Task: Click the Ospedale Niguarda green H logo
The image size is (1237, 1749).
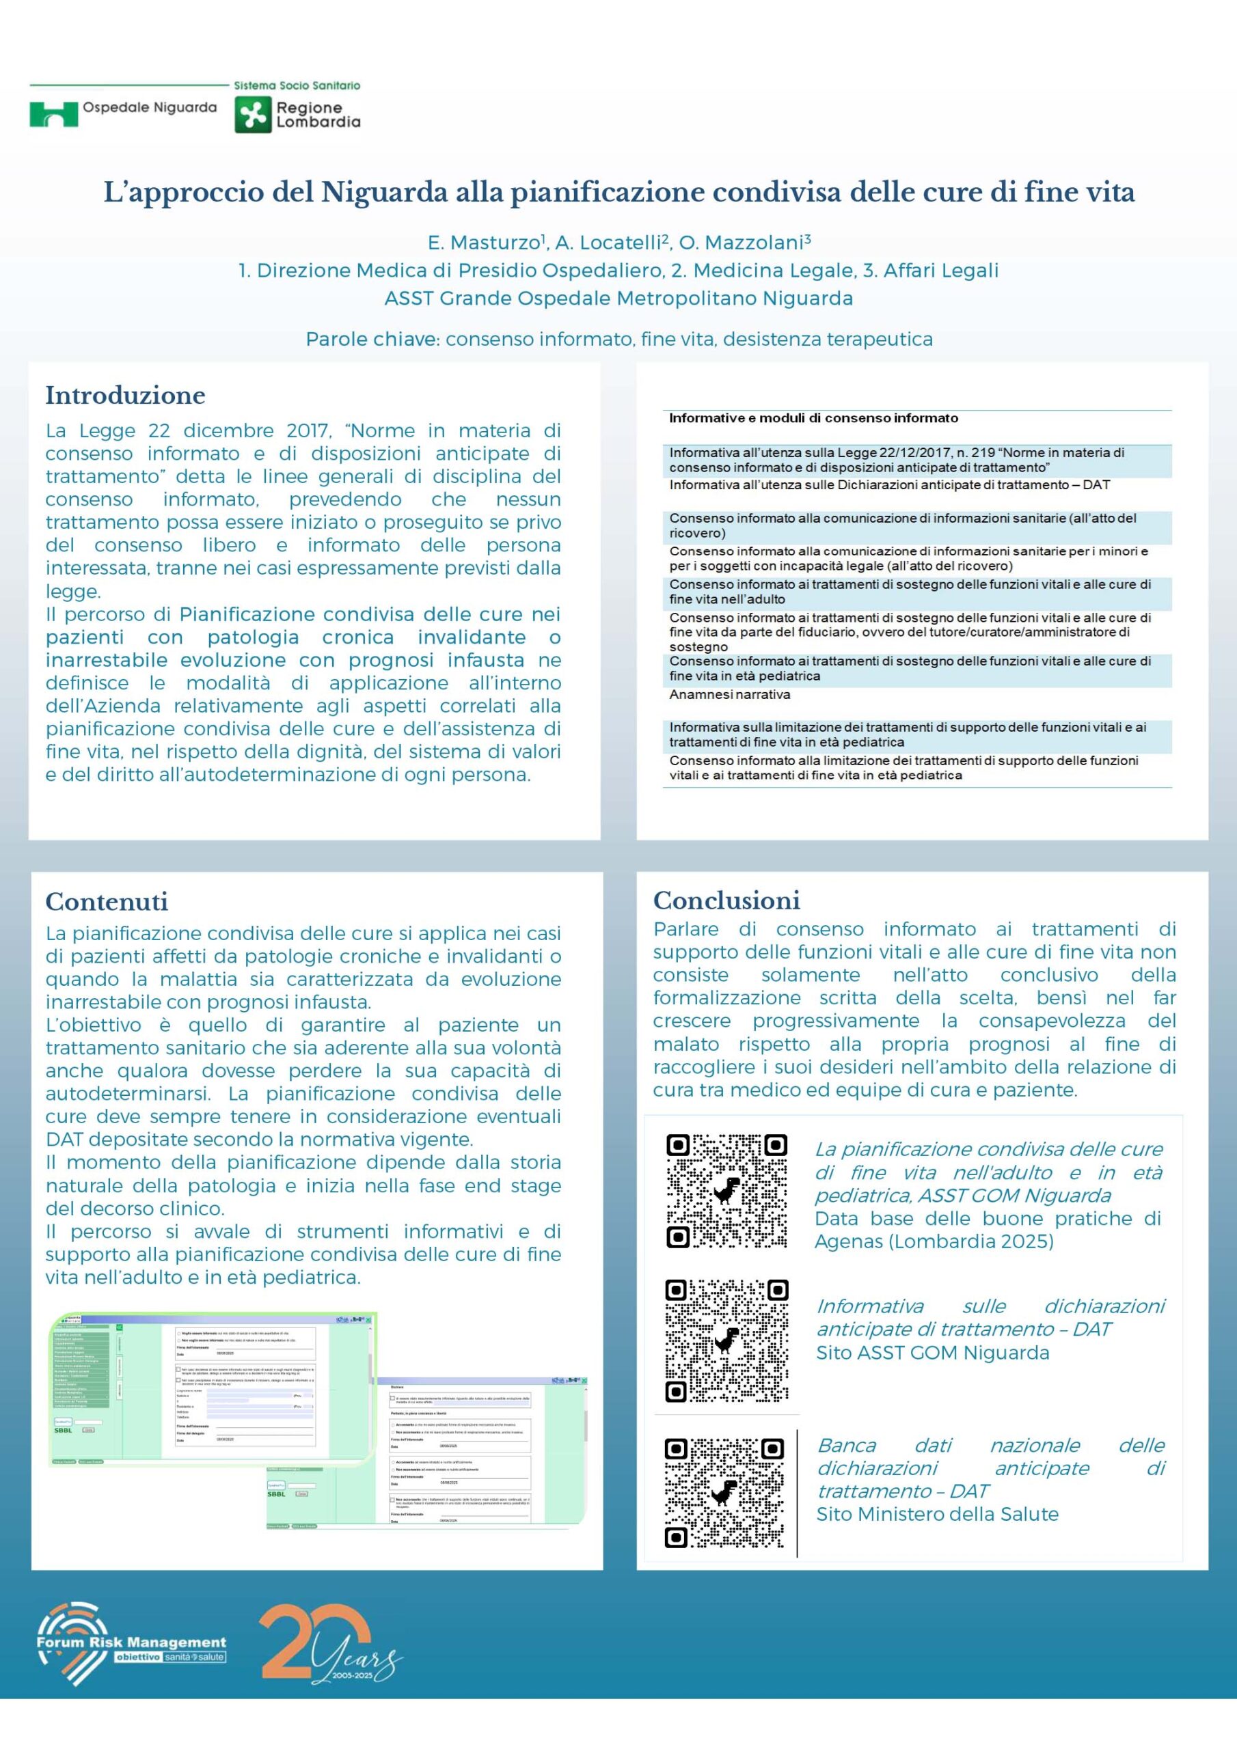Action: [53, 113]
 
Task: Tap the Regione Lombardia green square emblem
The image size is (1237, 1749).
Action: [252, 115]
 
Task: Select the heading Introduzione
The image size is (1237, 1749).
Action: [125, 395]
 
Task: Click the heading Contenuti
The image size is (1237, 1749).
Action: [107, 901]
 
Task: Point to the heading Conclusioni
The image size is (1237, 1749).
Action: [726, 900]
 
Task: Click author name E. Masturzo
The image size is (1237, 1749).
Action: [485, 243]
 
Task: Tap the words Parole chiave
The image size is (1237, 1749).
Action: [371, 339]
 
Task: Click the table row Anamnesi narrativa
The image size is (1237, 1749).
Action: [729, 694]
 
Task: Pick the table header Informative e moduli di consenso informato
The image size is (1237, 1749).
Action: [813, 418]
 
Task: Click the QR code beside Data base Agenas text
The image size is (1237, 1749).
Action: [726, 1191]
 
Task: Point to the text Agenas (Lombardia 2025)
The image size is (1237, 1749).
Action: [934, 1241]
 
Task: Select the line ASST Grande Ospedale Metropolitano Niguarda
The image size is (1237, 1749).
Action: [618, 299]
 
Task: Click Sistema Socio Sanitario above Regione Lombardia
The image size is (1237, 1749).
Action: [297, 85]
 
